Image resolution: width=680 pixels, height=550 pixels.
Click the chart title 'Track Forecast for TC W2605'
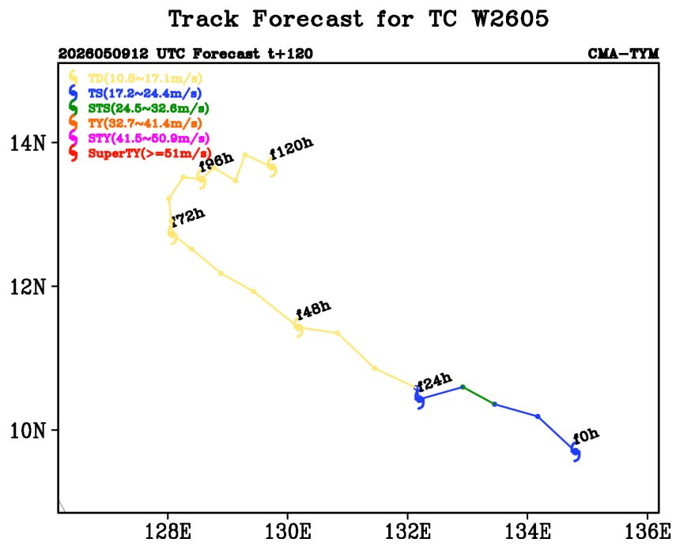(359, 19)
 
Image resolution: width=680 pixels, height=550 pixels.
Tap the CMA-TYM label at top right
(623, 54)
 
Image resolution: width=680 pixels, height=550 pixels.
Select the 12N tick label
(28, 287)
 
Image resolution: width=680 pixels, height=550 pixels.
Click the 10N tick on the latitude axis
(28, 431)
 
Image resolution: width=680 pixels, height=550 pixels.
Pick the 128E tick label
(168, 531)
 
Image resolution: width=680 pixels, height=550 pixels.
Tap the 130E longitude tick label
(288, 531)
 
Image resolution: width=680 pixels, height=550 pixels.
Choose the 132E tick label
(408, 531)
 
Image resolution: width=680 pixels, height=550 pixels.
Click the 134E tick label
(527, 531)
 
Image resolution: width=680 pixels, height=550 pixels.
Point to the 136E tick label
(648, 531)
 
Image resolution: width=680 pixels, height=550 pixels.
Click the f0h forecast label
(586, 435)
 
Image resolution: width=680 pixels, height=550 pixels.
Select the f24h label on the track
(434, 382)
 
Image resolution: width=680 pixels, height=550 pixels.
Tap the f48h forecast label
(313, 310)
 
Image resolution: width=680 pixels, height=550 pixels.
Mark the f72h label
(187, 217)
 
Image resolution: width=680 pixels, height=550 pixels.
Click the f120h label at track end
(292, 149)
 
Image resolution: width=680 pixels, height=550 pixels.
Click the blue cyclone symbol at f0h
(576, 453)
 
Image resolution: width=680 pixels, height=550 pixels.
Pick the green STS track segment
(479, 395)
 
